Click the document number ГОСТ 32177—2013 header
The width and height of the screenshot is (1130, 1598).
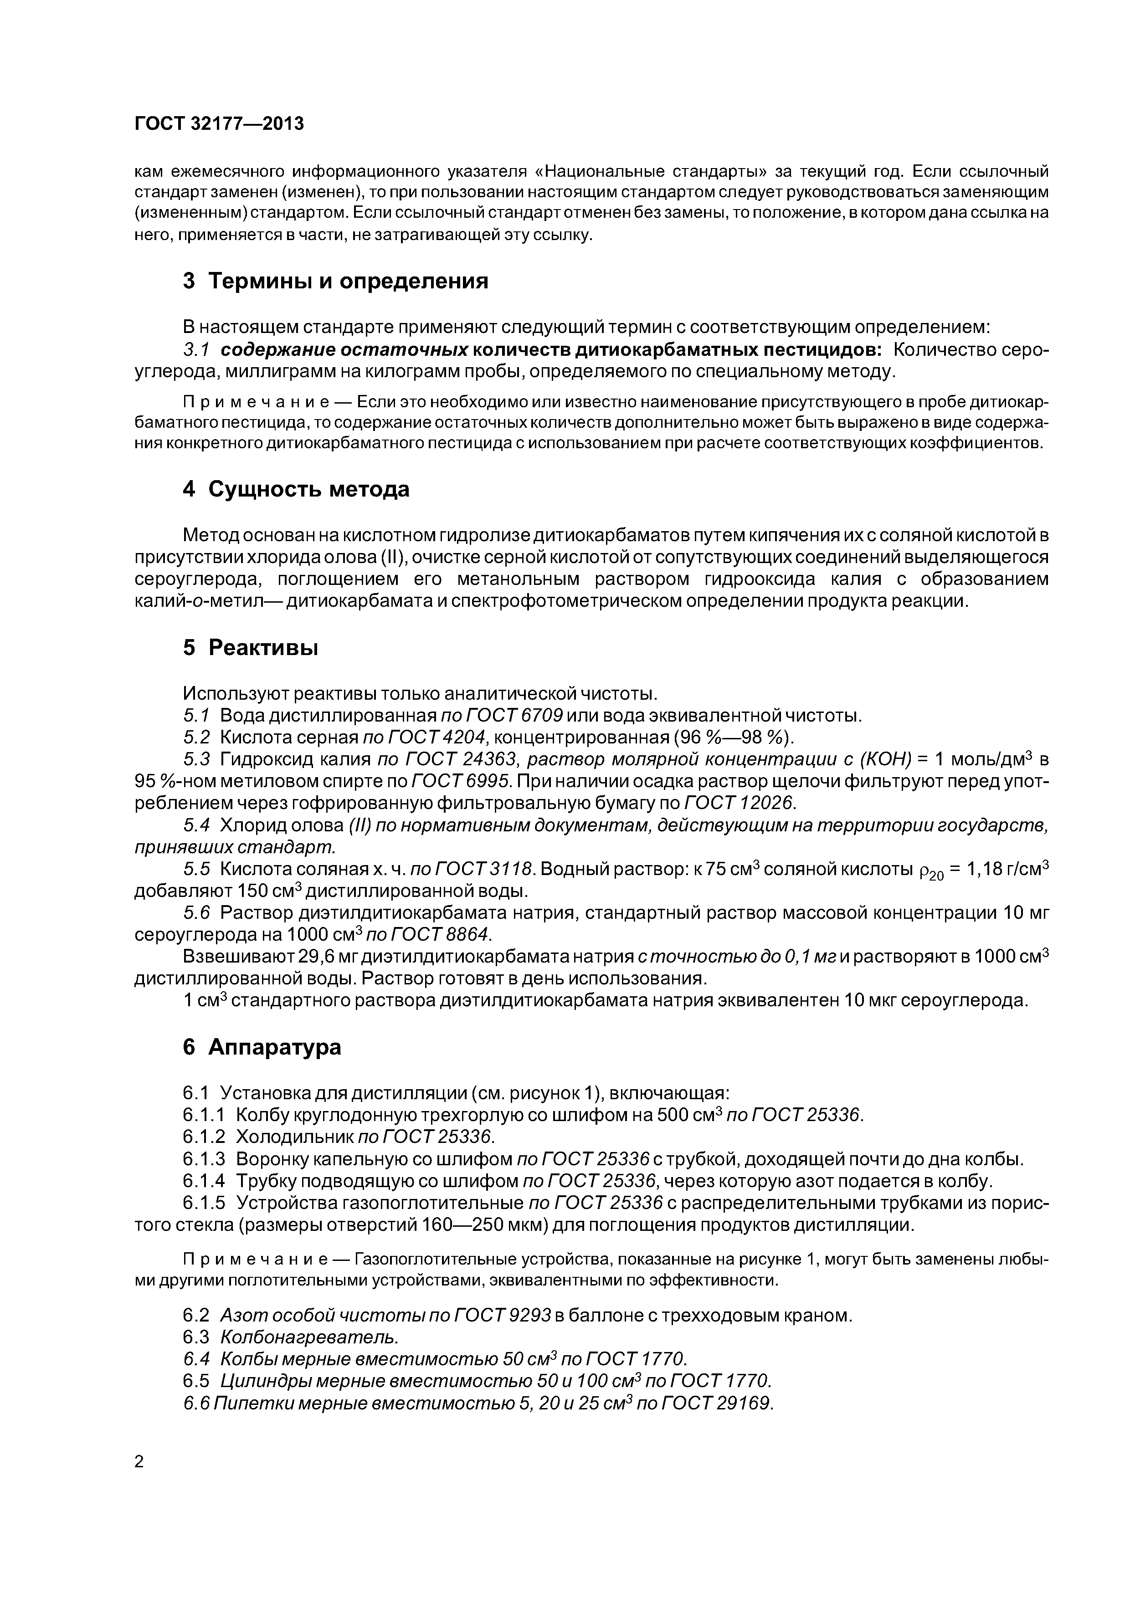point(219,124)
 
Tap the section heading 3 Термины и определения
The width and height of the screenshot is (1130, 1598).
point(336,281)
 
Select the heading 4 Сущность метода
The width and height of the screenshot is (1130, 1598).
point(296,490)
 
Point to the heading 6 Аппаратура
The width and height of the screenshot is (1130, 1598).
point(262,1047)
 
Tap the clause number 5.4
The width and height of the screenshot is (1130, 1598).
point(196,825)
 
